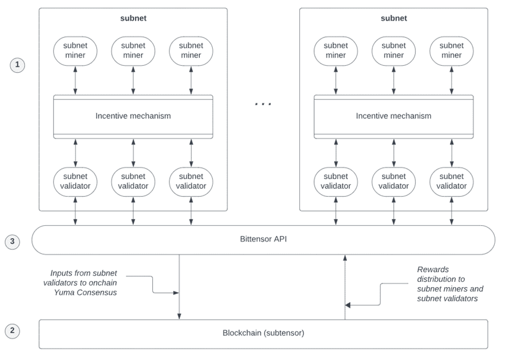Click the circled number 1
tap(18, 65)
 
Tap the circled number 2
tap(12, 331)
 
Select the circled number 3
tap(12, 241)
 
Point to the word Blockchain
tap(242, 333)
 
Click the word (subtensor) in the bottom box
tap(284, 333)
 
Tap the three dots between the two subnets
tap(263, 104)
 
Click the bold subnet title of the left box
tap(134, 18)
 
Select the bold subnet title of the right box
tap(393, 18)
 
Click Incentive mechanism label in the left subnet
tap(133, 116)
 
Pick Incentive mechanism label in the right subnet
tap(393, 116)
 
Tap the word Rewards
tap(433, 270)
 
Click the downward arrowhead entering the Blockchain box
tap(180, 317)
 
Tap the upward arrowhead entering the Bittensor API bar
tap(345, 258)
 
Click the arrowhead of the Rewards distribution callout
tap(348, 305)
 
